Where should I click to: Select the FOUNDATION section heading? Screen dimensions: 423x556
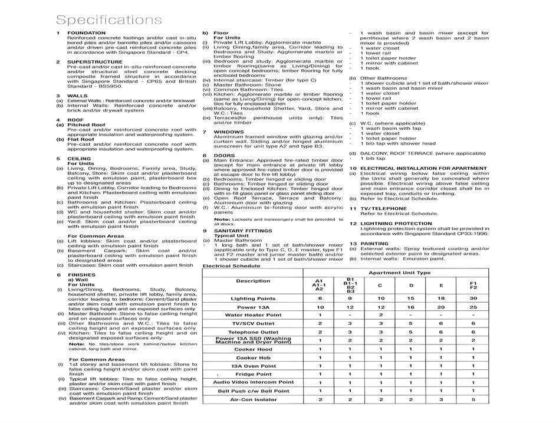point(86,33)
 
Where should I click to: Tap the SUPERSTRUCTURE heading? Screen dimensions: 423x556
point(94,61)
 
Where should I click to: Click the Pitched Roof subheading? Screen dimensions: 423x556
point(86,125)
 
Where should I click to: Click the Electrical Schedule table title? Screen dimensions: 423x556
point(231,266)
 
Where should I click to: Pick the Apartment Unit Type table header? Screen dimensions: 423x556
point(399,273)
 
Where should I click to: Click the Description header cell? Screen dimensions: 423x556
point(253,281)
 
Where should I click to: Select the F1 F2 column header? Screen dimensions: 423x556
point(473,285)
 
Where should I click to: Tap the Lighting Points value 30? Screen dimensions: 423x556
point(473,299)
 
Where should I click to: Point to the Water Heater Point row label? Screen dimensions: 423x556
point(253,315)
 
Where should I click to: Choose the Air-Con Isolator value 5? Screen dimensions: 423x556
point(473,399)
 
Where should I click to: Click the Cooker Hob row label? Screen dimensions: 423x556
point(253,358)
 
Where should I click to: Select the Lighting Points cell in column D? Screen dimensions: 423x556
point(412,299)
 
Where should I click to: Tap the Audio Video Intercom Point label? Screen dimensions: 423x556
point(253,382)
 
